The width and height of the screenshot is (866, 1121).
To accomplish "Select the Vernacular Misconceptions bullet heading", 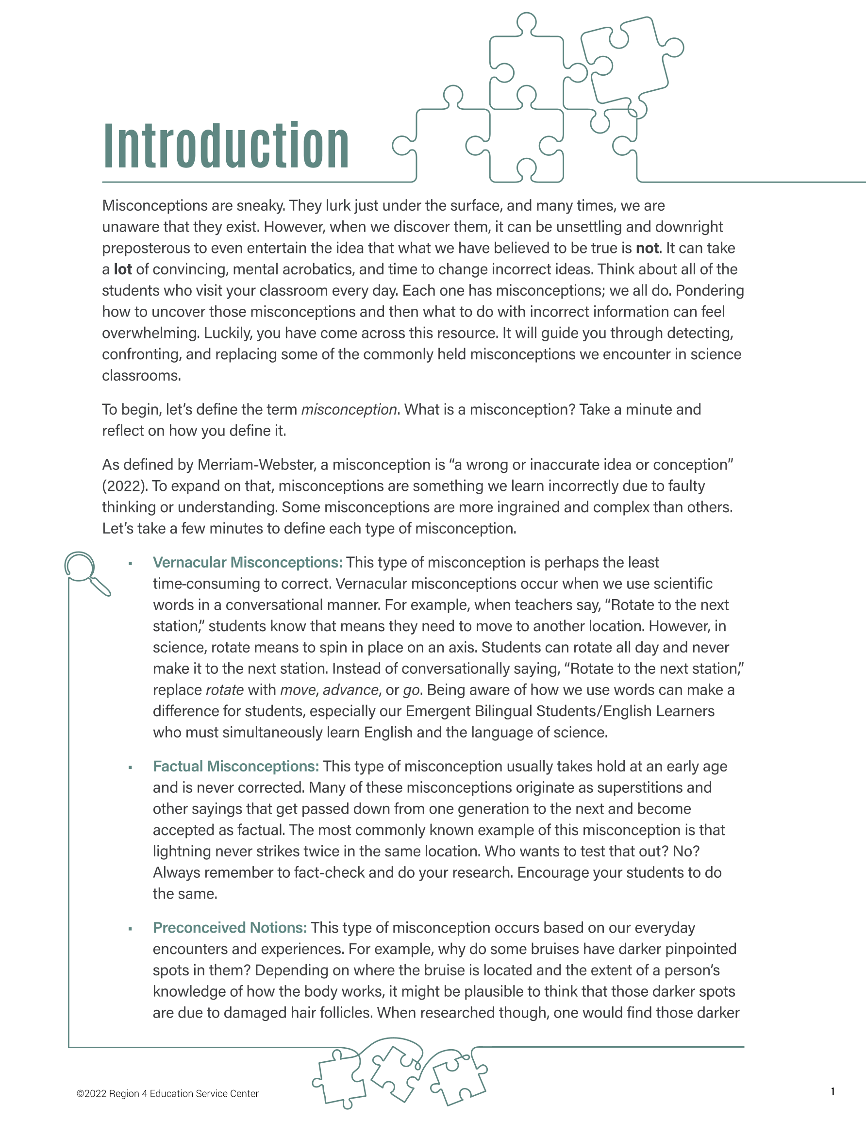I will click(x=248, y=563).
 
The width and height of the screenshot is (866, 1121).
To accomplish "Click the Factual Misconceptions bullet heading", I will click(x=235, y=766).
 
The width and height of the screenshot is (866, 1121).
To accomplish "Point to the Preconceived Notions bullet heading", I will click(x=230, y=927).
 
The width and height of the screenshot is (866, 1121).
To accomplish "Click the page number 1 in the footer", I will click(x=832, y=1091).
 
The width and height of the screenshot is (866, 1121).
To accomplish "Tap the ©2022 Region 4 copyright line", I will click(x=167, y=1094).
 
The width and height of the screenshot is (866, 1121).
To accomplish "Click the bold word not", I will click(x=647, y=249).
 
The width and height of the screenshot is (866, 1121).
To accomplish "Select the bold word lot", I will click(x=123, y=269).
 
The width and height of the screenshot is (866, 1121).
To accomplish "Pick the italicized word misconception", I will click(x=349, y=410).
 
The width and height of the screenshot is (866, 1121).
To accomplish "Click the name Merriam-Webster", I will click(x=256, y=465).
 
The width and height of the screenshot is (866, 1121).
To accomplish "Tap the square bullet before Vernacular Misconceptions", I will click(x=131, y=564).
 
